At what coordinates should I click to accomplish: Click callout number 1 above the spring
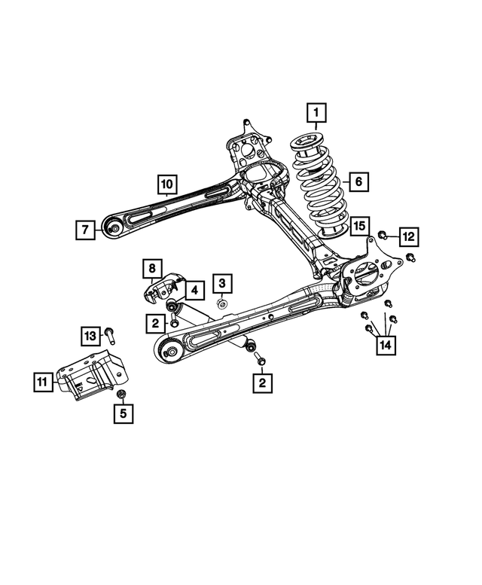click(316, 114)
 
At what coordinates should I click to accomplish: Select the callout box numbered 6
click(358, 181)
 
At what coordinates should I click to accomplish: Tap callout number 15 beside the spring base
click(358, 225)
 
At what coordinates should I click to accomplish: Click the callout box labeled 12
click(407, 236)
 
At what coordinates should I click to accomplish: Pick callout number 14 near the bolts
click(386, 346)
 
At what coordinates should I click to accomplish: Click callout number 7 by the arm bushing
click(86, 228)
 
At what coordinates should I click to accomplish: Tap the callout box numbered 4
click(193, 289)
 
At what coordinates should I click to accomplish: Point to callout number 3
click(222, 283)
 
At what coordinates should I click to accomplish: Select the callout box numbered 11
click(44, 382)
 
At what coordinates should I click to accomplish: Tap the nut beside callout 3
click(221, 303)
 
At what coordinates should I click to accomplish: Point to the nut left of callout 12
click(383, 236)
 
